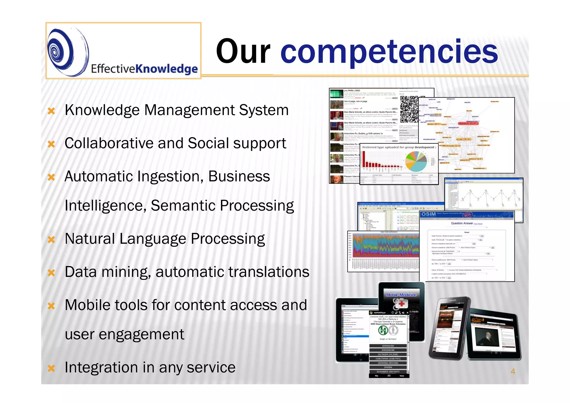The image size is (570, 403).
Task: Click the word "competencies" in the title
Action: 389,51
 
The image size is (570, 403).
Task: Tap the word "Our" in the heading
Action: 243,51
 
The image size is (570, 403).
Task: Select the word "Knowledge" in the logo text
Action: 167,69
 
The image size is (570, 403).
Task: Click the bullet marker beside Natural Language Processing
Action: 51,240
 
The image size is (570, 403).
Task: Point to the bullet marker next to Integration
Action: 51,368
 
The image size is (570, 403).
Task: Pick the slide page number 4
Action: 513,371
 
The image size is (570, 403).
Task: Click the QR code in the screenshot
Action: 409,109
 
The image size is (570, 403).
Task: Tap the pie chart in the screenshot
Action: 416,161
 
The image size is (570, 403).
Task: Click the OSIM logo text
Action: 428,214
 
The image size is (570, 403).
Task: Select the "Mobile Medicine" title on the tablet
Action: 401,295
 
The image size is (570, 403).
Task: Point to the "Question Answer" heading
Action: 462,223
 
